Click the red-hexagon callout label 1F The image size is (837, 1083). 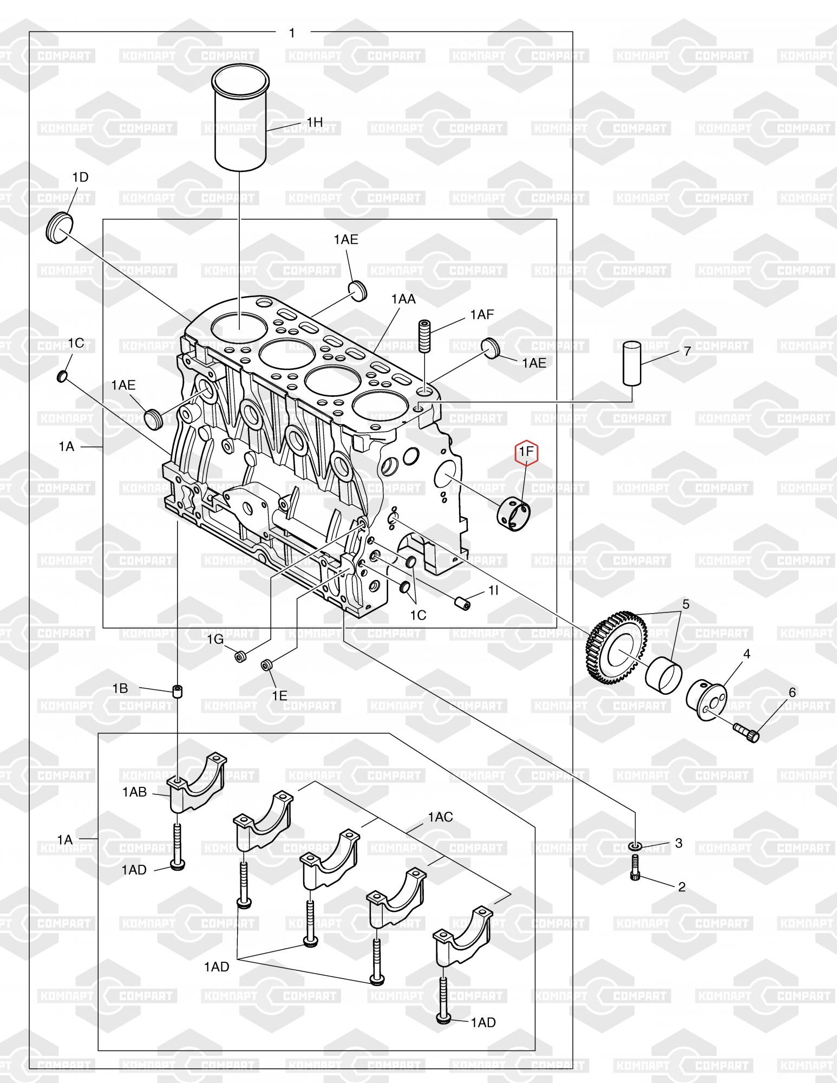coord(526,451)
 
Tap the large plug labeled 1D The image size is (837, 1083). coord(58,228)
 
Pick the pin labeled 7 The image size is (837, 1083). coord(632,363)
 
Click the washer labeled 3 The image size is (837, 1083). coord(636,846)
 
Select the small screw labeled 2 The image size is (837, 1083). coord(636,867)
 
